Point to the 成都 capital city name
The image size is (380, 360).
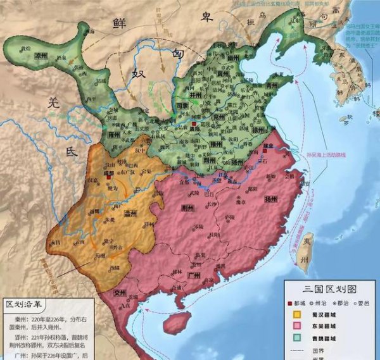108,172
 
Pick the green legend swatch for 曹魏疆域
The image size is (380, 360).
296,337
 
